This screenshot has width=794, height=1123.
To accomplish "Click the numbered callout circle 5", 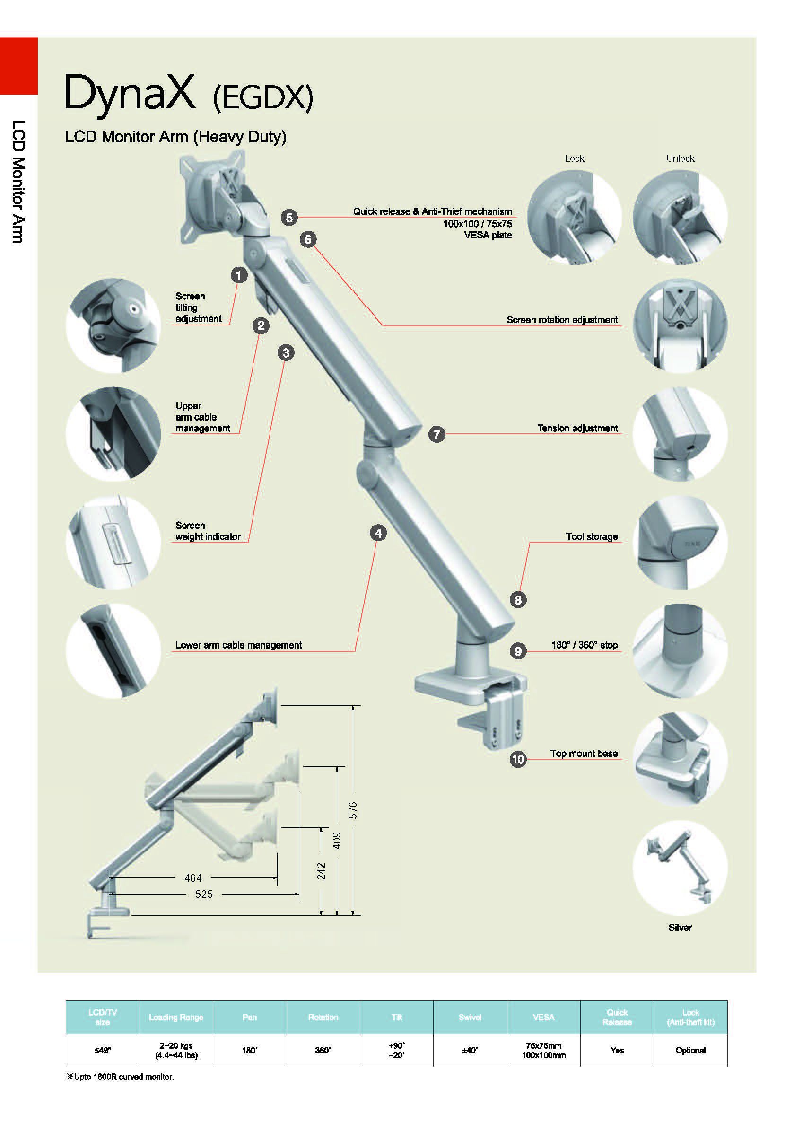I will pos(289,217).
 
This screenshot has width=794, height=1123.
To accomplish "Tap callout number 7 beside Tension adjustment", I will pos(436,434).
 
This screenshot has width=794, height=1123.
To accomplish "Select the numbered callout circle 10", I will pos(518,759).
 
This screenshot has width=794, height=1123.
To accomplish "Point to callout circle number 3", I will pos(286,352).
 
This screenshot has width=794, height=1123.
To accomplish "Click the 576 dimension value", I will pos(353,810).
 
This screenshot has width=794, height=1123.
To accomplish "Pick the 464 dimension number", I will pos(193,878).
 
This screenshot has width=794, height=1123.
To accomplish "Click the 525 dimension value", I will pos(204,894).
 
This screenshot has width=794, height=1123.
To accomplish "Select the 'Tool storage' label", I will pos(592,536).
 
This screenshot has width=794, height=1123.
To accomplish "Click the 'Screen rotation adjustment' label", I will pos(562,320).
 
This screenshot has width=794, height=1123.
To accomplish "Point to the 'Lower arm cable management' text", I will pos(239,645).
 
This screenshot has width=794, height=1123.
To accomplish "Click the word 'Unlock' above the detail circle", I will pos(680,158).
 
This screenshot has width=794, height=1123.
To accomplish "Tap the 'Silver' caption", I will pos(680,927).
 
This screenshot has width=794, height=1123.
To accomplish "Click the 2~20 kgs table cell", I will pos(176,1050).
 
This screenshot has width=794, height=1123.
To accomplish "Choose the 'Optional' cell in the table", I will pos(690,1050).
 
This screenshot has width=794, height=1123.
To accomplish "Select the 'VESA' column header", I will pos(543,1017).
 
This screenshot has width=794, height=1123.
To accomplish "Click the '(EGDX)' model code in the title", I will pos(263,97).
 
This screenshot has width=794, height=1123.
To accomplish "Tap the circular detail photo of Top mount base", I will pos(680,759).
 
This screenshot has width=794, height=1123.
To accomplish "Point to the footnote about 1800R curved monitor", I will pos(120,1077).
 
